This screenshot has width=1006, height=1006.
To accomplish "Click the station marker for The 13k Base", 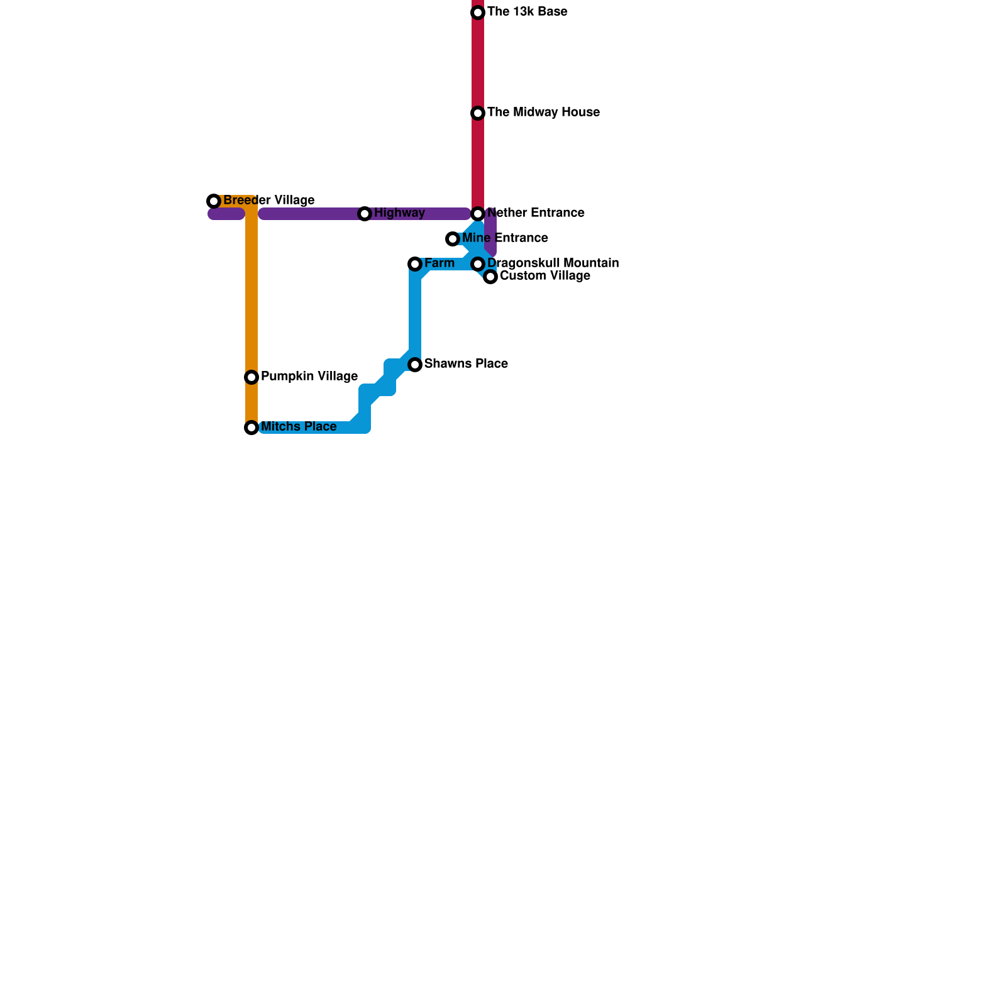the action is [478, 13].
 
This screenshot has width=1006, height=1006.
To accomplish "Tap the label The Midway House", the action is [543, 113].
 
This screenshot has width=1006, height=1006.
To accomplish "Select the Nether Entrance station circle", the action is [478, 214].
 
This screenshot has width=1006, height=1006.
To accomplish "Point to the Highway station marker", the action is [365, 214].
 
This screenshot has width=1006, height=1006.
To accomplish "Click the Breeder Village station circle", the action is [214, 201].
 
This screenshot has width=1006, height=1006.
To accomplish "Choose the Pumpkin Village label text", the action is [309, 377].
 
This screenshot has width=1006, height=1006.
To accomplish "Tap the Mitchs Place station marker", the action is [251, 428].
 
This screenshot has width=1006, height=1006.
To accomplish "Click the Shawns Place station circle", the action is [415, 365].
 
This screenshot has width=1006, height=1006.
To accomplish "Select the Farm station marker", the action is [415, 264].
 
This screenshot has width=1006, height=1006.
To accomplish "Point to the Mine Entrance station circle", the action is [453, 239].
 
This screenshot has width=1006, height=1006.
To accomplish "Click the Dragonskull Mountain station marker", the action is [478, 264].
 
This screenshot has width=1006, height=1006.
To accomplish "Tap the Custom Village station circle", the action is [490, 277].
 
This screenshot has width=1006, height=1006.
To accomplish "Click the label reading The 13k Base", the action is [527, 12].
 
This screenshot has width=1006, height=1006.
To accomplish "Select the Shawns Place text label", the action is [466, 364].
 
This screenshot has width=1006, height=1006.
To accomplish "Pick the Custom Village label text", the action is [544, 276].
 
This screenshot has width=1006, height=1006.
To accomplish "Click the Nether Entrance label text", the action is [536, 213].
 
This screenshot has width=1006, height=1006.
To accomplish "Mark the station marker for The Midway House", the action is [478, 113].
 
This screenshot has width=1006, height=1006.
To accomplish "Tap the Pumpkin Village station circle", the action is [251, 377].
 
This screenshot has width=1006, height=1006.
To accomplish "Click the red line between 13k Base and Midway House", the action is [478, 63].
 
